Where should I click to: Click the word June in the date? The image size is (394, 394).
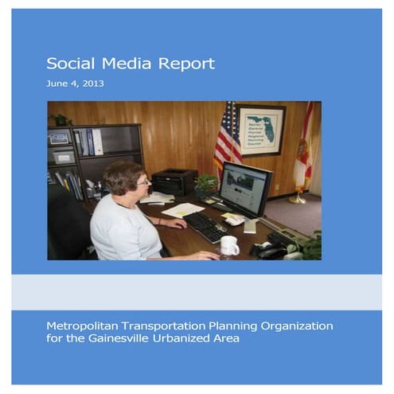tap(57, 84)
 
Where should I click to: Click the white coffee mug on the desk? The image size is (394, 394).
tap(229, 245)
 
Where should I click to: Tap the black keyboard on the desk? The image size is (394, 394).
tap(206, 227)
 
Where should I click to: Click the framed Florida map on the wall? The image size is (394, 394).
tap(262, 130)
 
